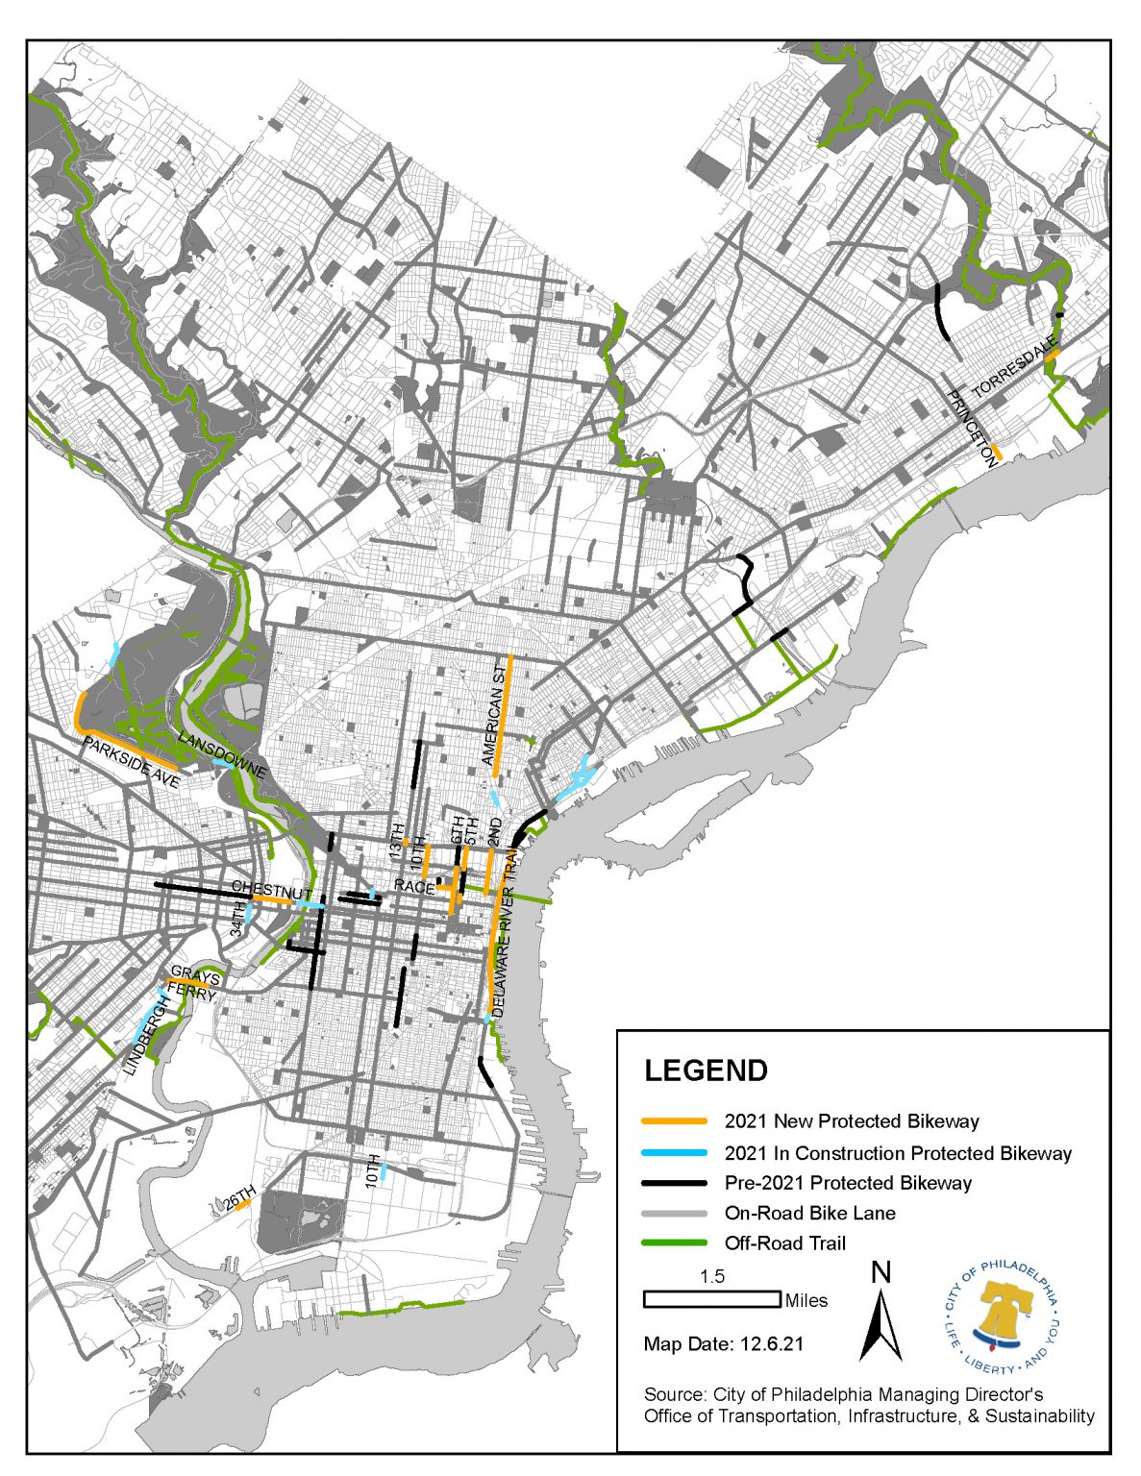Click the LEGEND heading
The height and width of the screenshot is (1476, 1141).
706,1070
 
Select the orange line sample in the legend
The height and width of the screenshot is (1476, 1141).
675,1121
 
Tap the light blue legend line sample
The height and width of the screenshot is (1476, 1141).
675,1153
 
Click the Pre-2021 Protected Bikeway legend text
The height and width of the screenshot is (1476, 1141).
848,1183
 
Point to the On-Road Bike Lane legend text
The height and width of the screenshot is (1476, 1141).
809,1213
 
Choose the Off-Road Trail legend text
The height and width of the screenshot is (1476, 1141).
784,1242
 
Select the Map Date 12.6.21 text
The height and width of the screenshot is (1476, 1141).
723,1343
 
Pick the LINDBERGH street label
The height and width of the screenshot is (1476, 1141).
144,1034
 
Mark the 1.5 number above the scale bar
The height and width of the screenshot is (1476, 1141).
712,1277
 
